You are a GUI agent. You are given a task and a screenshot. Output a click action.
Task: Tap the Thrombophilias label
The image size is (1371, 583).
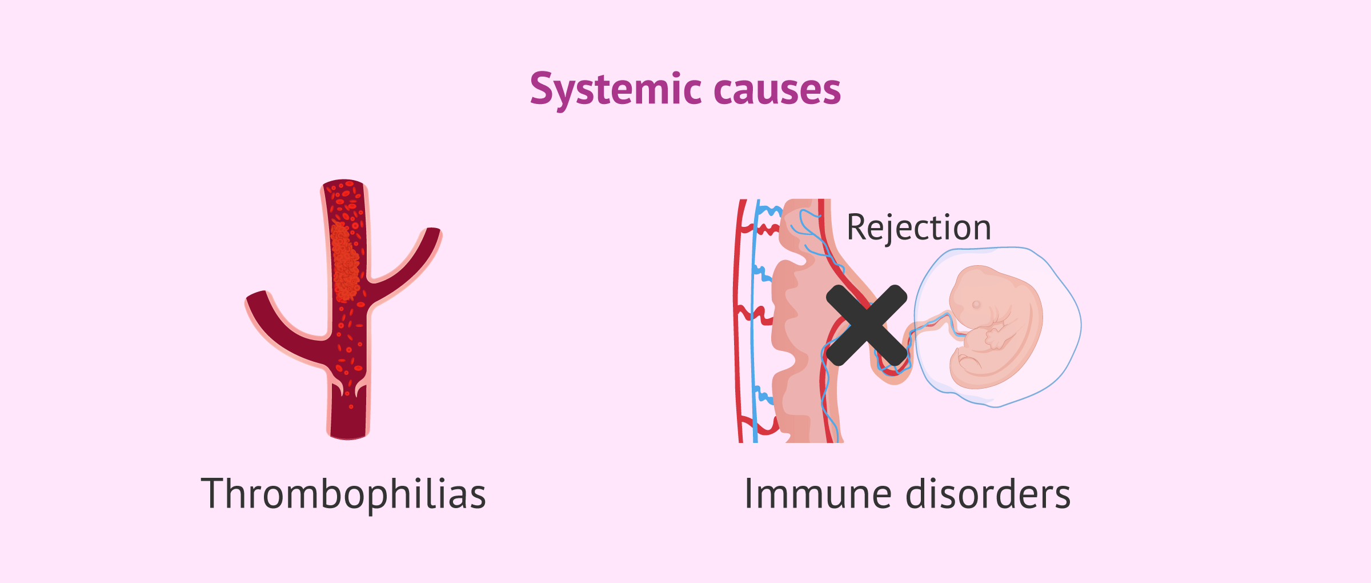point(343,494)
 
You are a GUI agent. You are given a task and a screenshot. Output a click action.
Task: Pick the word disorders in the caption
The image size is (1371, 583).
point(988,494)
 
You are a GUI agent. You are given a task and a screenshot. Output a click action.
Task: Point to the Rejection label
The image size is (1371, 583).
point(919,227)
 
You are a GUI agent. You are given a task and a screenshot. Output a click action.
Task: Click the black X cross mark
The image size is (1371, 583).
point(867,325)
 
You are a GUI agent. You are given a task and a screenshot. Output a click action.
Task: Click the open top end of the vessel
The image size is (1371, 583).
point(344,184)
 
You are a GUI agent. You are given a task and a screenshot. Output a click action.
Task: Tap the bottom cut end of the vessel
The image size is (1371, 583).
point(348,435)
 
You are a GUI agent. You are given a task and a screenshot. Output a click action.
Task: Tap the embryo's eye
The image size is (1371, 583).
point(976,305)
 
